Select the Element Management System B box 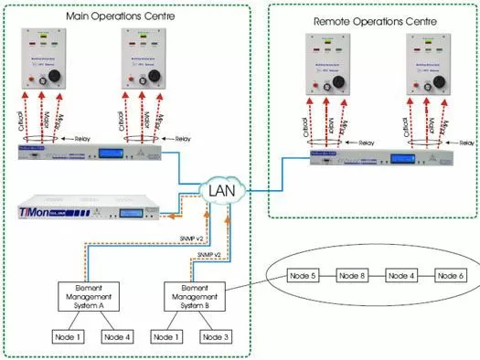(x=195, y=293)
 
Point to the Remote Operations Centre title (x=375, y=19)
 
